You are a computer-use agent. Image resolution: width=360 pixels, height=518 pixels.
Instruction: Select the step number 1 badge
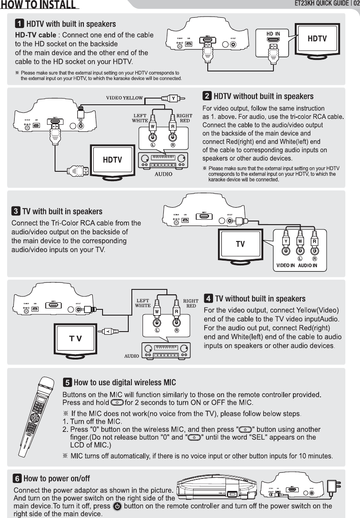[x=20, y=24]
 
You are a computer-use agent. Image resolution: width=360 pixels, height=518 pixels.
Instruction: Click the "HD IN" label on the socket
[x=273, y=34]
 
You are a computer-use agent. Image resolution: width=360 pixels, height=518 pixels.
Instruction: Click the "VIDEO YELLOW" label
[x=124, y=98]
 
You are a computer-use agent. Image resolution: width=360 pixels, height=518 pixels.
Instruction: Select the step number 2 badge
[x=207, y=96]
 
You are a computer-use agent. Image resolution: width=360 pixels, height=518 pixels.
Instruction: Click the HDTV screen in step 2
[x=112, y=160]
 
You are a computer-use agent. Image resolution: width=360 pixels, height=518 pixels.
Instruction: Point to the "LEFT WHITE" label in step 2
[x=140, y=118]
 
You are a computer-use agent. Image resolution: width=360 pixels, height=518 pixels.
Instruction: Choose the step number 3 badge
[x=16, y=211]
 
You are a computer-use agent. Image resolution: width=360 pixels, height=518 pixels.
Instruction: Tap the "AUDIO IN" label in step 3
[x=307, y=265]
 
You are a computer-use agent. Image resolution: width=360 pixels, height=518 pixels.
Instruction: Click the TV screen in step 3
[x=240, y=244]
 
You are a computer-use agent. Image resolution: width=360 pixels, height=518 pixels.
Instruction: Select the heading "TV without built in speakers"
[x=260, y=298]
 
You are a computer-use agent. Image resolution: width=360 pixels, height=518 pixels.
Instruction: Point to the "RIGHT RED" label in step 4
[x=191, y=303]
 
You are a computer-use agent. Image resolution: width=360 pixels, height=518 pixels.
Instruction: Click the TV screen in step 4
[x=75, y=339]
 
